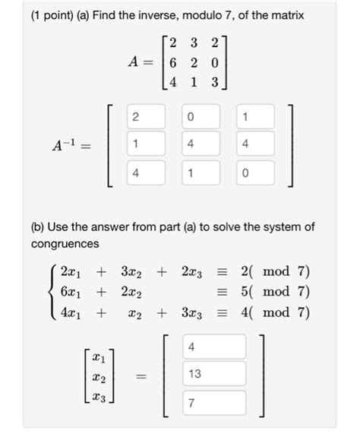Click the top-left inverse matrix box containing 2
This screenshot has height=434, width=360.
[x=135, y=118]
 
